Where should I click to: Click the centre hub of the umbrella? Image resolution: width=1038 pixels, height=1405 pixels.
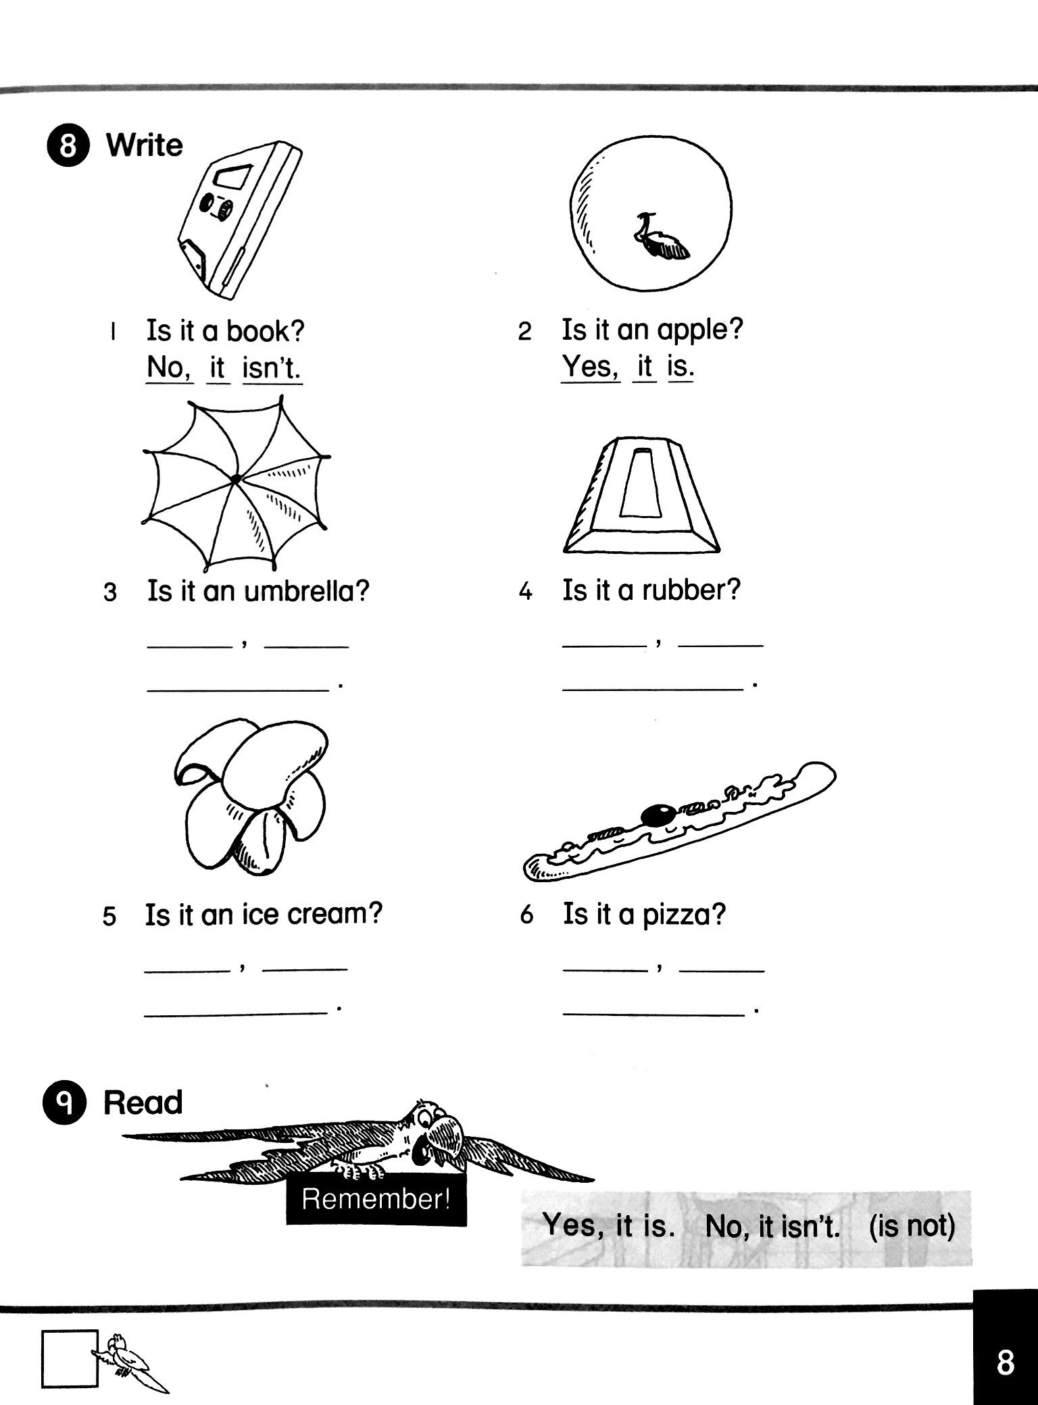point(235,479)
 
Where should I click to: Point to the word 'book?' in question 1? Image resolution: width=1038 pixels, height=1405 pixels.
point(265,331)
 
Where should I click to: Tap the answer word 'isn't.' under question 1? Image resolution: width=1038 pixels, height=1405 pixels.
point(272,369)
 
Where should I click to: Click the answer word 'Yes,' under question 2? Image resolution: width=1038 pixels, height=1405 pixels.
point(590,367)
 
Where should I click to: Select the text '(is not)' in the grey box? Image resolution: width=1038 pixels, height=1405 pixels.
point(912,1225)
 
